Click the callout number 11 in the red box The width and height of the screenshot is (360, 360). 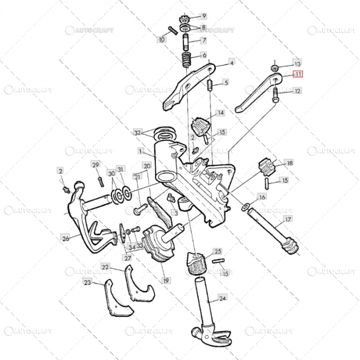tap(298, 75)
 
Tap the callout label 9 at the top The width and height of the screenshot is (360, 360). tap(204, 16)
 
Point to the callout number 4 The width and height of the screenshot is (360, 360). tap(231, 63)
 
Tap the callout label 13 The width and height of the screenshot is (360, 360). tap(297, 63)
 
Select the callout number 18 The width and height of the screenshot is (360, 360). tap(290, 163)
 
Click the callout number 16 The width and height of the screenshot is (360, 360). tap(262, 197)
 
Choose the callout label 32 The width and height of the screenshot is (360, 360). tap(137, 132)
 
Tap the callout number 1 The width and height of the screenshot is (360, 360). tap(140, 152)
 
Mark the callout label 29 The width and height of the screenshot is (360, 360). tap(95, 165)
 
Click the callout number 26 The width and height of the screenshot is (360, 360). tap(65, 239)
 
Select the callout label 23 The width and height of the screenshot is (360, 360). tap(87, 282)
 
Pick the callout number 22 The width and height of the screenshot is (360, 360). tap(105, 267)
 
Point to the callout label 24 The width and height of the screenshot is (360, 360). tap(222, 298)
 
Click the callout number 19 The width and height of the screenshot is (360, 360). tap(166, 281)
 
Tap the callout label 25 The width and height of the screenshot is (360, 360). tap(218, 251)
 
